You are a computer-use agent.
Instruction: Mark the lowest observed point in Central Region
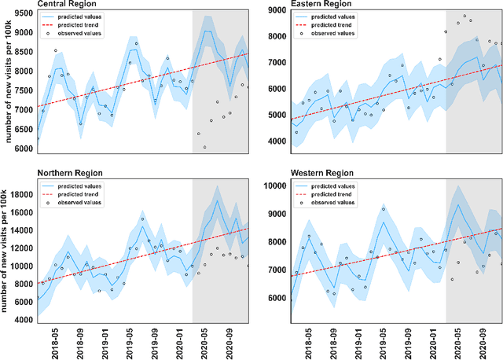204,147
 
